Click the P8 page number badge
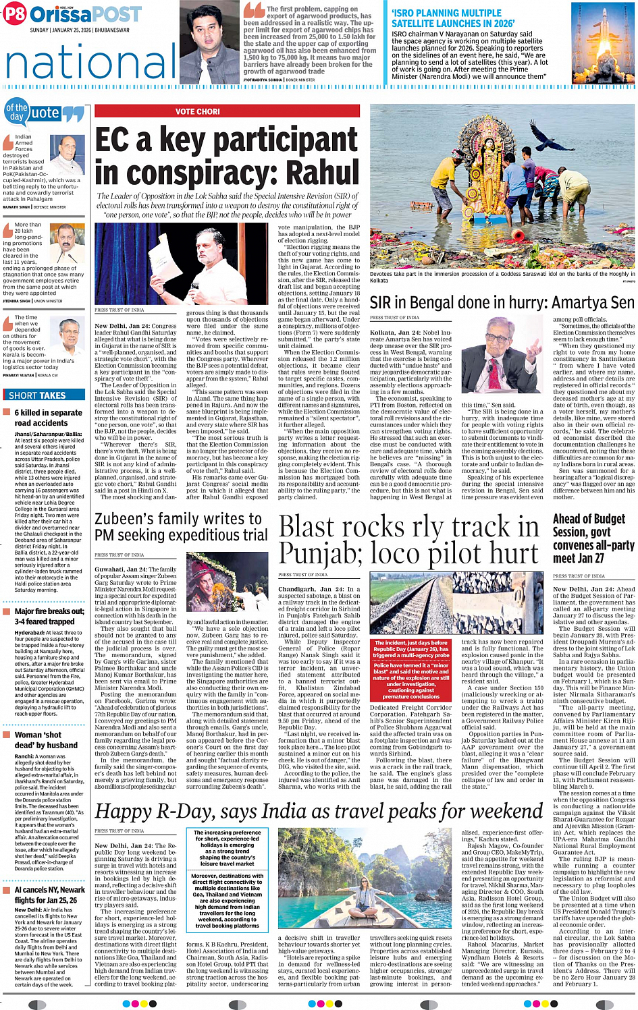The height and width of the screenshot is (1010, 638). pos(15,14)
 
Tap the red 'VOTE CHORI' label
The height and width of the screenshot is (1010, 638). pos(197,111)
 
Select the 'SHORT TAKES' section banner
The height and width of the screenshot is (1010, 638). pos(37,395)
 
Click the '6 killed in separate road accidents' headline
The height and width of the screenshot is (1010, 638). pos(48,418)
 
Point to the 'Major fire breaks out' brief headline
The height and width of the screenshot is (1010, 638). pos(49,616)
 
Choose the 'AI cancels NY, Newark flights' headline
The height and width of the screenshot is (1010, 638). pos(49,895)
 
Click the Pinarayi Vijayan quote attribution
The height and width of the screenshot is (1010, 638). pos(30,375)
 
